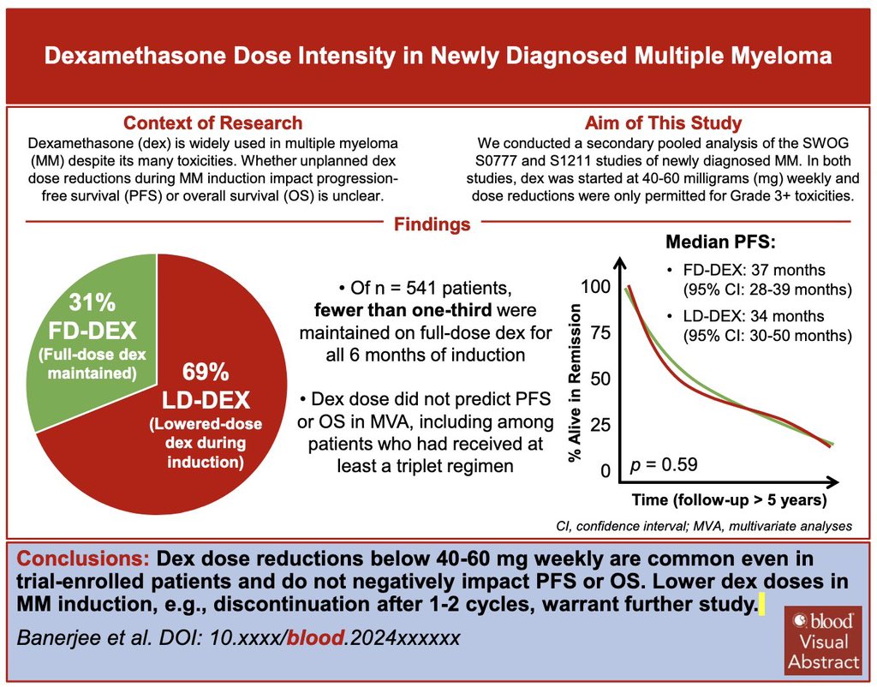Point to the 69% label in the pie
point(206,373)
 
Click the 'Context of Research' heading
point(212,123)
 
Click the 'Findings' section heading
point(432,224)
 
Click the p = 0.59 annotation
point(663,465)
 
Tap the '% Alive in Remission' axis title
point(576,384)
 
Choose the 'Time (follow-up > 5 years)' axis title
point(729,499)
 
